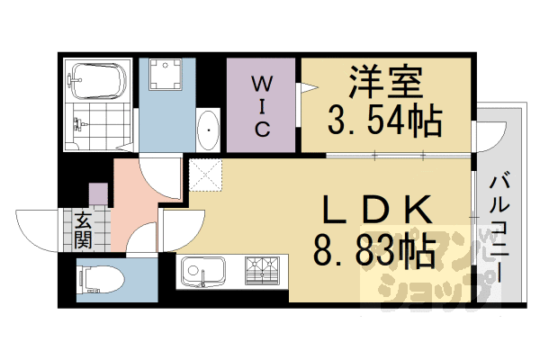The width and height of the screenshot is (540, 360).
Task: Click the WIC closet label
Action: tap(262, 104)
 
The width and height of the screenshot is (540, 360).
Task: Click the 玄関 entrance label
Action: tap(83, 228)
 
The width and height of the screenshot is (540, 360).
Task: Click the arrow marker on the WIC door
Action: tap(308, 87)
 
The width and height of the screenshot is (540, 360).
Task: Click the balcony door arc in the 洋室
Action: tap(487, 137)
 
